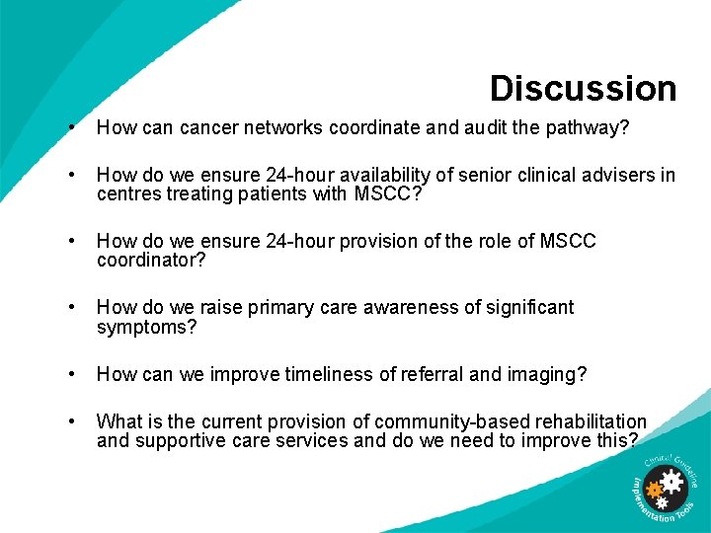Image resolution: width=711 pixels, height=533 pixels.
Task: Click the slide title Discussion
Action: (x=583, y=88)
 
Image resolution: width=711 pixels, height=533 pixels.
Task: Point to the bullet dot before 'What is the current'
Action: (x=73, y=421)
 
